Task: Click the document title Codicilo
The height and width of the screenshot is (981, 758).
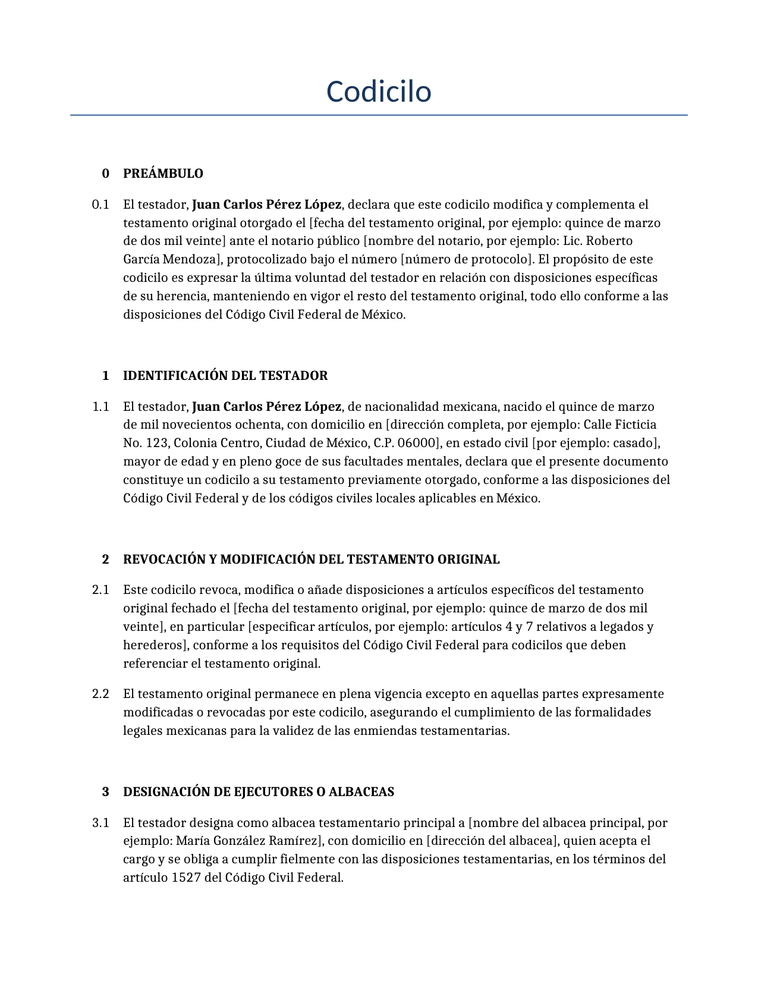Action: [379, 92]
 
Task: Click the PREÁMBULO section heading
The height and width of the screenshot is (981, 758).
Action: [163, 174]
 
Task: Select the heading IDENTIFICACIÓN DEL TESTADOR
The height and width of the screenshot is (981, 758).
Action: [225, 376]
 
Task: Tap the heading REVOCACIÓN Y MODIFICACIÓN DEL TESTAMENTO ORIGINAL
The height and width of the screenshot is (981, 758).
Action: [311, 559]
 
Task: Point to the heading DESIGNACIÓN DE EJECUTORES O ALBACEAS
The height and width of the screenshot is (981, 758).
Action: [259, 792]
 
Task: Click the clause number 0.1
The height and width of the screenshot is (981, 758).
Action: [100, 205]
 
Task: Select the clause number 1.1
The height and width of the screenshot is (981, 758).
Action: [100, 407]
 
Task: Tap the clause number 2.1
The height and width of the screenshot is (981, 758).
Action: [100, 590]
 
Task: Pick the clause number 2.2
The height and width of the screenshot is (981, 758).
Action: [100, 694]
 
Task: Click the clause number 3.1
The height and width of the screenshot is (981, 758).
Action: [100, 823]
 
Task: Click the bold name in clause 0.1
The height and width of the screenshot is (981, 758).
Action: [267, 205]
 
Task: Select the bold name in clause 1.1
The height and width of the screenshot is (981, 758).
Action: [267, 407]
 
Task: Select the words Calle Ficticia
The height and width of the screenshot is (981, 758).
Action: [620, 425]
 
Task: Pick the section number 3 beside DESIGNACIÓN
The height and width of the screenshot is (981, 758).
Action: [106, 792]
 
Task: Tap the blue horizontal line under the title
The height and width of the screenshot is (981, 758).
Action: [379, 115]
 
